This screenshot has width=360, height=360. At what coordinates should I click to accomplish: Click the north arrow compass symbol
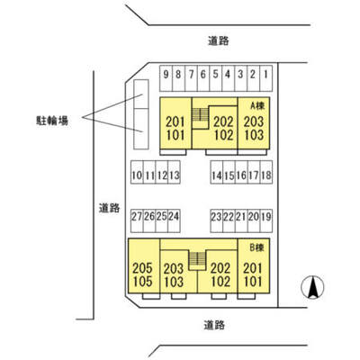(x=312, y=287)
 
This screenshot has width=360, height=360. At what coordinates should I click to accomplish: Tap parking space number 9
(x=166, y=78)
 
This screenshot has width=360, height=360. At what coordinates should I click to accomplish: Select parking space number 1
(x=266, y=78)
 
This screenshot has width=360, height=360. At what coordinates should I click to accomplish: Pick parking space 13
(x=174, y=172)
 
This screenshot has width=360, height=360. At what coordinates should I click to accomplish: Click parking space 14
(x=217, y=172)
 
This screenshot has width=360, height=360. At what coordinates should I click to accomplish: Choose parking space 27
(x=137, y=220)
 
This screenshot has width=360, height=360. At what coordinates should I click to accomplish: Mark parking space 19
(x=266, y=220)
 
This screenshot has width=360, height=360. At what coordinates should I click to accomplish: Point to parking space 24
(x=174, y=220)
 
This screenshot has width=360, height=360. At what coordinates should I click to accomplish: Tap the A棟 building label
(x=257, y=105)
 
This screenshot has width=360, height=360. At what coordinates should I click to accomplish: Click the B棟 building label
(x=256, y=247)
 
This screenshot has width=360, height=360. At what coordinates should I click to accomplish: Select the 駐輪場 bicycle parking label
(x=52, y=121)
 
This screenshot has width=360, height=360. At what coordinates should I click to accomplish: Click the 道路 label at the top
(x=219, y=40)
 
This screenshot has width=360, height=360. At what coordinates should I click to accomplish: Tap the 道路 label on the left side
(x=110, y=208)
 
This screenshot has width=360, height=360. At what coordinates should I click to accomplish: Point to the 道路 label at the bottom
(x=214, y=325)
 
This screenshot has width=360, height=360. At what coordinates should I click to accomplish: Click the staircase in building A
(x=200, y=115)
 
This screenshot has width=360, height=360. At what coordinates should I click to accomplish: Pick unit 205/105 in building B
(x=144, y=265)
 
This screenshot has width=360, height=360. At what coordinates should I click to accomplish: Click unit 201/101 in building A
(x=175, y=123)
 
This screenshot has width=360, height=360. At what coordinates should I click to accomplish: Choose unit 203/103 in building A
(x=254, y=123)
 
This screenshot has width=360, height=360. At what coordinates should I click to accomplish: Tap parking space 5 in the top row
(x=216, y=78)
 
